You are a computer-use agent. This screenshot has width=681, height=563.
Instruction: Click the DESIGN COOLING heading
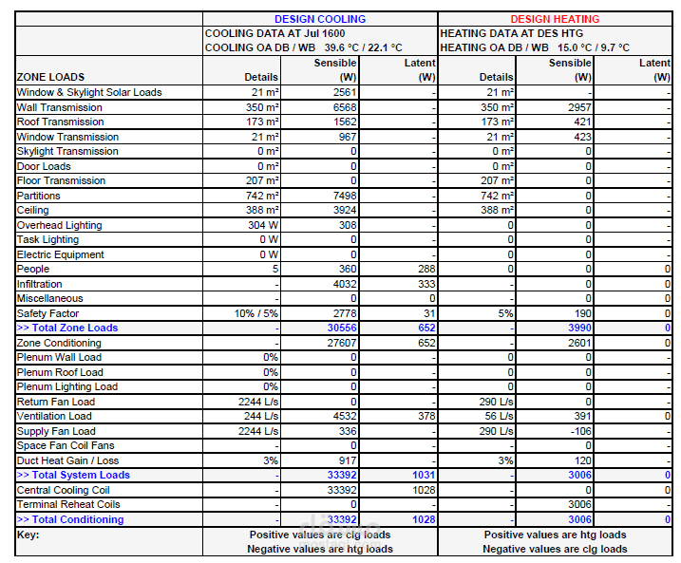click(x=320, y=19)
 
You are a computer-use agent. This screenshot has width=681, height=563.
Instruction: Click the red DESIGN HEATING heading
click(x=555, y=19)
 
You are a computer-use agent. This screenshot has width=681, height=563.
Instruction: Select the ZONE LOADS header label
click(x=51, y=77)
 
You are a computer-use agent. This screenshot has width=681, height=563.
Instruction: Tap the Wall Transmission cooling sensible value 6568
click(x=345, y=107)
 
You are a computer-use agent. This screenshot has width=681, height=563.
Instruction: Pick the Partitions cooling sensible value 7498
click(x=345, y=196)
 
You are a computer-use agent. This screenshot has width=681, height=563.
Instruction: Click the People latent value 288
click(x=426, y=269)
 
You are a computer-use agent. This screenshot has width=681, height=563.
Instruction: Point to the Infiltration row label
click(x=40, y=284)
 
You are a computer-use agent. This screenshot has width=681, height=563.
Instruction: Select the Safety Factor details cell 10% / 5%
click(x=256, y=313)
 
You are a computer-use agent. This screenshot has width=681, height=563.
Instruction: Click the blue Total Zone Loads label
click(x=67, y=328)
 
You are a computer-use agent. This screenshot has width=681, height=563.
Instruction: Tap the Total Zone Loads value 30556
click(x=342, y=328)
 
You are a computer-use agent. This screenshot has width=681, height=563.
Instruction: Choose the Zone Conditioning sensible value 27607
click(x=342, y=343)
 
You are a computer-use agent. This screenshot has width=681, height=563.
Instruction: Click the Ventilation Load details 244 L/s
click(x=261, y=416)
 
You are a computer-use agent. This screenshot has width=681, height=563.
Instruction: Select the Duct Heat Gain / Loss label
click(x=67, y=460)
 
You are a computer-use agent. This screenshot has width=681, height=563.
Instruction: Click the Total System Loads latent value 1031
click(x=424, y=476)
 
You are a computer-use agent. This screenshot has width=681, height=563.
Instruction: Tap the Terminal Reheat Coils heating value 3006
click(x=579, y=504)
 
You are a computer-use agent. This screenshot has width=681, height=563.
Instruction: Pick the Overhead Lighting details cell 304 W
click(x=263, y=225)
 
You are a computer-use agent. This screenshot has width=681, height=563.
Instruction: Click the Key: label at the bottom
click(x=28, y=535)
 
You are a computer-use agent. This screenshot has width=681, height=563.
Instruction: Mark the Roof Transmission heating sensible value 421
click(x=582, y=122)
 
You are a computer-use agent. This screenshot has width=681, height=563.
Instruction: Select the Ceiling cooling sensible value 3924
click(x=345, y=210)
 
